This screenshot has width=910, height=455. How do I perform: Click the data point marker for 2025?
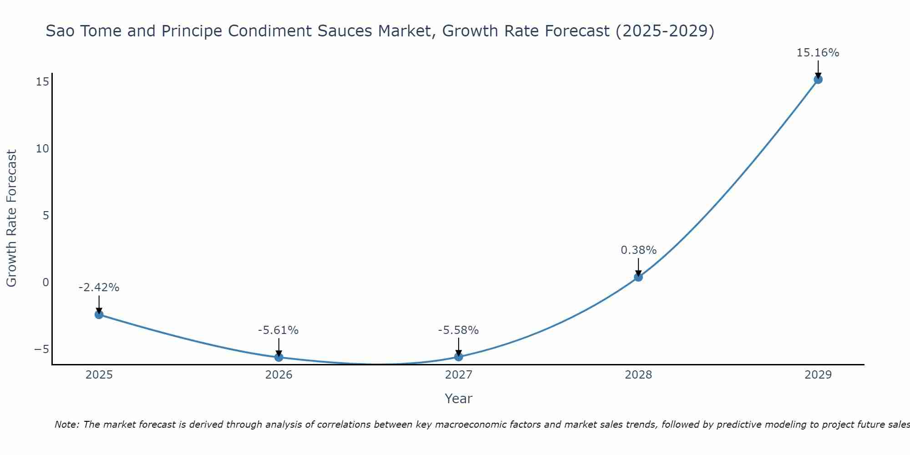pos(99,314)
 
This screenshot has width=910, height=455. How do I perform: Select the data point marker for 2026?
pos(278,357)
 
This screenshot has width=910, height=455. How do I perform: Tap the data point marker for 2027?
pos(459,357)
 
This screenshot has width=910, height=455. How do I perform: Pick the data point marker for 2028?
pos(638,277)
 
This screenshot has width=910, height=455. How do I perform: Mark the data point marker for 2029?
pos(818,80)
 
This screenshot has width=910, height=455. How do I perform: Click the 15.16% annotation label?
pos(818,53)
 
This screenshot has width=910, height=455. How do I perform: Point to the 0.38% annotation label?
pos(638,250)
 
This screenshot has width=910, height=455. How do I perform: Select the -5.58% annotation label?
pos(458,330)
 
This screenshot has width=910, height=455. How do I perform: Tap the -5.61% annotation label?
pos(278,330)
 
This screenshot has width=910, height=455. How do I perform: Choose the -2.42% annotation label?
pos(99,288)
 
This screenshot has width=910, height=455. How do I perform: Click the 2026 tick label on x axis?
pos(278,375)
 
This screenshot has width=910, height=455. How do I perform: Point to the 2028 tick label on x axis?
pos(638,375)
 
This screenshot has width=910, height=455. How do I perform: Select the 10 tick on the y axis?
pos(42,149)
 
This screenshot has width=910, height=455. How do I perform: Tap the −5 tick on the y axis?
pos(41,349)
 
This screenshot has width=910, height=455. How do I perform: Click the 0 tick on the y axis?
pos(45,283)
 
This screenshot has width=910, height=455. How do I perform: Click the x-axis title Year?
pos(458,399)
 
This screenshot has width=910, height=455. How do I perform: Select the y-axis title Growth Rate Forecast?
pos(11,218)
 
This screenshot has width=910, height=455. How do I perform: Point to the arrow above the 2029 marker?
pos(818,69)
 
